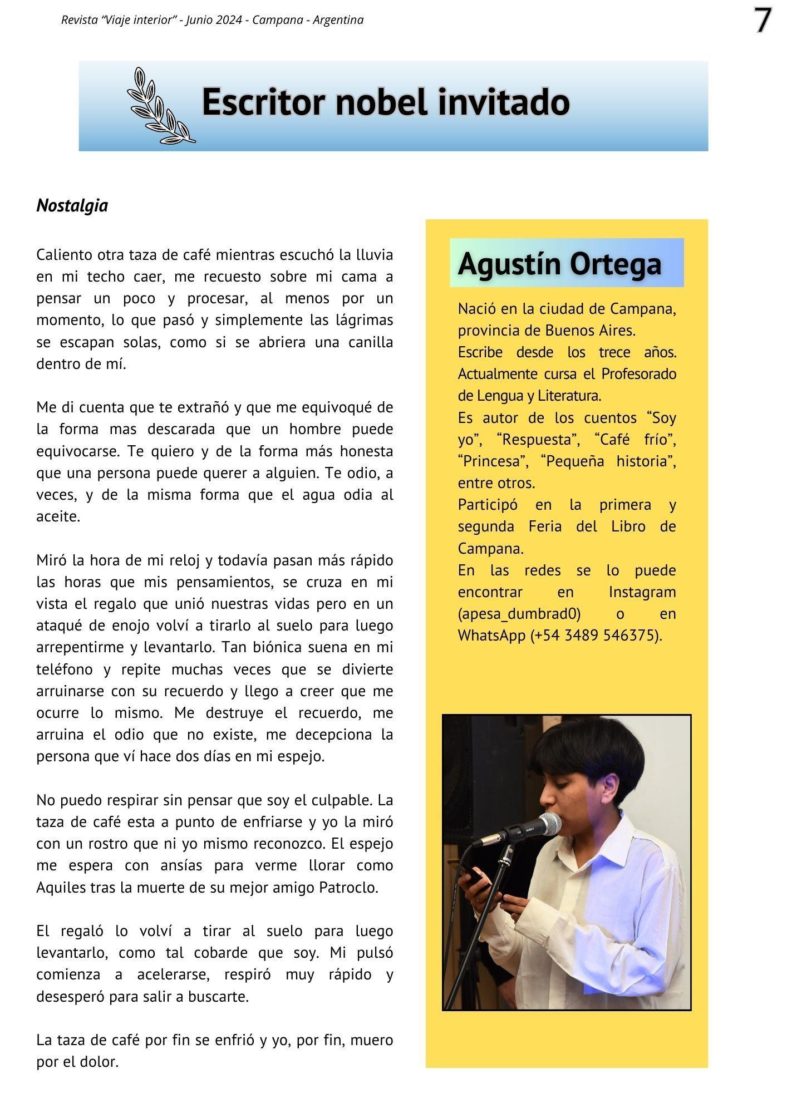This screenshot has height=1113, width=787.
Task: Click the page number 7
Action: tap(763, 21)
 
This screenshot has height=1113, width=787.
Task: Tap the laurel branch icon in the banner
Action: tap(160, 106)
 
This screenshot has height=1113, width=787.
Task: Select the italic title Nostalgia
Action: tap(72, 205)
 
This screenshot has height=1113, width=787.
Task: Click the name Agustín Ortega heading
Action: tap(559, 263)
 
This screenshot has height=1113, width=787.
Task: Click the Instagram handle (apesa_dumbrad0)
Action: tap(519, 613)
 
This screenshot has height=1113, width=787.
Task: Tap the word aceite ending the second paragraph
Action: tap(58, 516)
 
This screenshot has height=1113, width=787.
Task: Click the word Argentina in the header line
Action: tap(338, 20)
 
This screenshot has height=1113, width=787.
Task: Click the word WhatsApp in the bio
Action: tap(492, 635)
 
